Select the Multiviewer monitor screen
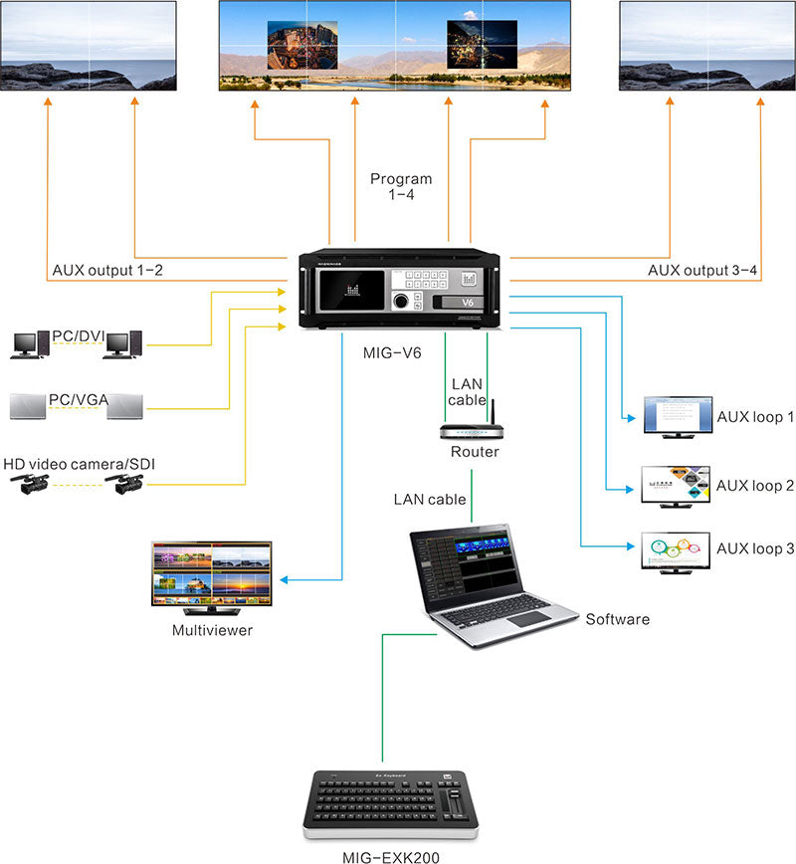pyautogui.click(x=211, y=573)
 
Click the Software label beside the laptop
pyautogui.click(x=617, y=619)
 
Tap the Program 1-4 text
pyautogui.click(x=401, y=187)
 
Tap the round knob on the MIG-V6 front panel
pyautogui.click(x=401, y=300)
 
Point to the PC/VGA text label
pyautogui.click(x=77, y=399)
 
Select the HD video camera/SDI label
pyautogui.click(x=80, y=464)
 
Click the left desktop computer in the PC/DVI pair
pyautogui.click(x=25, y=344)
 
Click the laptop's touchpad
pyautogui.click(x=527, y=619)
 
